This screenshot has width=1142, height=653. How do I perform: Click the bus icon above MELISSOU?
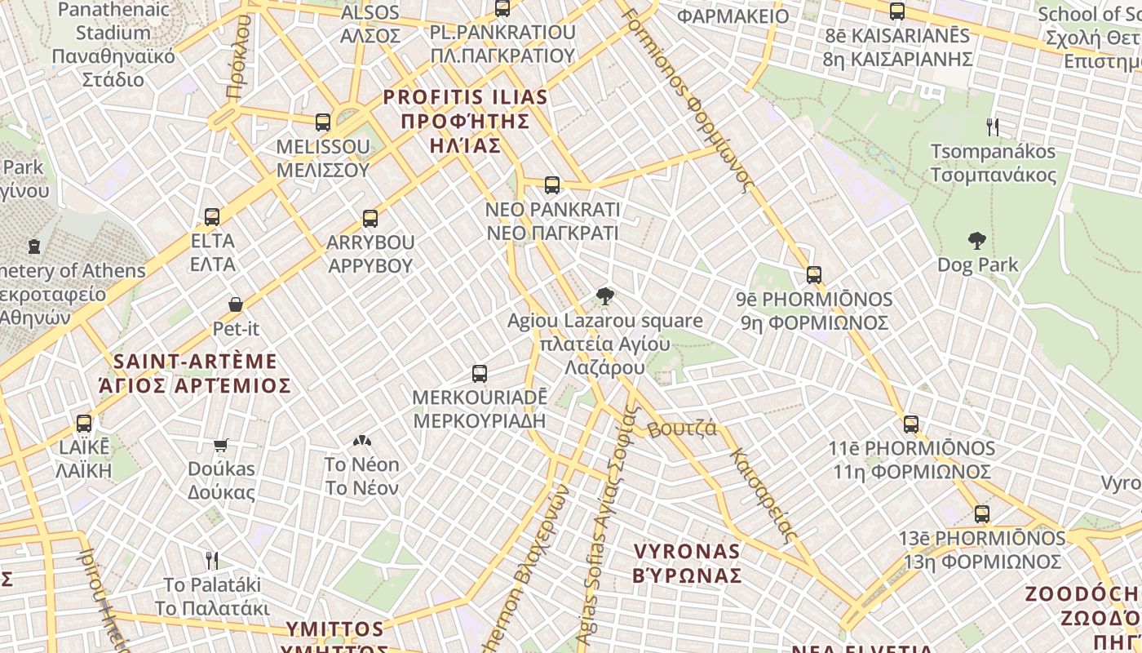323,122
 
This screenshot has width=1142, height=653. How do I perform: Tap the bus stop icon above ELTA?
212,217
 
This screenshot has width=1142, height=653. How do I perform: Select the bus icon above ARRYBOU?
370,219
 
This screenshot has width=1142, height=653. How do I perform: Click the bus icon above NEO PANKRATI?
552,185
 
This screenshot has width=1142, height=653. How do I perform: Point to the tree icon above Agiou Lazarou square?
604,296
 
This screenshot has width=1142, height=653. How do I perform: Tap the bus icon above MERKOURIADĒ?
480,374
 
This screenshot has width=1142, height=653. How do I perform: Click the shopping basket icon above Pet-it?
236,304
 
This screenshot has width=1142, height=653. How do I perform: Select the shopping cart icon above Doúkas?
221,445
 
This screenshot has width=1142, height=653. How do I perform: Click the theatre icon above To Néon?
362,441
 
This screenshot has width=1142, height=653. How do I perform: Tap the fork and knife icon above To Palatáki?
212,560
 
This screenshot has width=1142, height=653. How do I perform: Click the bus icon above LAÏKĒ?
84,424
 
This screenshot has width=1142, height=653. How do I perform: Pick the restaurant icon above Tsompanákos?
993,127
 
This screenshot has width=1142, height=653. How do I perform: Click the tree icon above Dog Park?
977,240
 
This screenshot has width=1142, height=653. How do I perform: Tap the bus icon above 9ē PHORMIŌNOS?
813,275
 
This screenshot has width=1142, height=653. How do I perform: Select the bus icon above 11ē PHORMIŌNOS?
911,424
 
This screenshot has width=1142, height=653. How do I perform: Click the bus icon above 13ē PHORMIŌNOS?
982,514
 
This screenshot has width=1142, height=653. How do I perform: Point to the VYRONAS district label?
687,563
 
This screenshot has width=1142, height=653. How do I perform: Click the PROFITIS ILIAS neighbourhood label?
466,121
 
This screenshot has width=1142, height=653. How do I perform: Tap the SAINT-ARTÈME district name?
195,373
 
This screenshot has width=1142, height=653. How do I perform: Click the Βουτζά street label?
682,429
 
